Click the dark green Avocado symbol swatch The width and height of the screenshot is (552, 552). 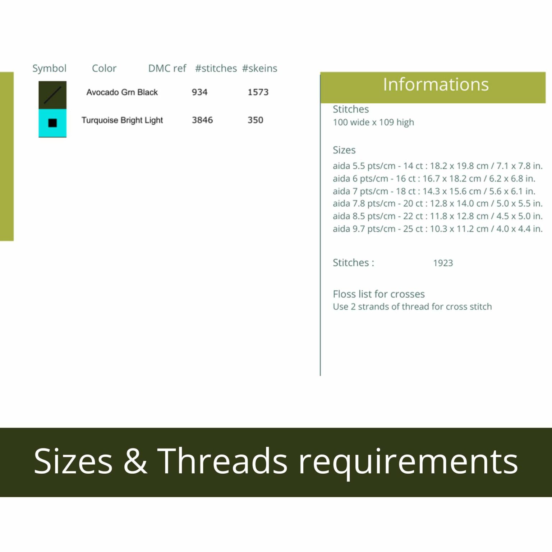pos(52,95)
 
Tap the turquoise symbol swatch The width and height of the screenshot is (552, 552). pos(52,123)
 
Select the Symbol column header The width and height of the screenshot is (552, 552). pos(50,68)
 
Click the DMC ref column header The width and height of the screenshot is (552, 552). pos(167,68)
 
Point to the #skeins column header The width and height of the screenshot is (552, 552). pos(259,68)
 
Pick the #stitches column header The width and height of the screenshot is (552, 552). pos(216,68)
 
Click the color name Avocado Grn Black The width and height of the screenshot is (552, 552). pos(122,92)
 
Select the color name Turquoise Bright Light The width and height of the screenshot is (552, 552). pos(122,120)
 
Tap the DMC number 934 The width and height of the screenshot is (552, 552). pos(199,92)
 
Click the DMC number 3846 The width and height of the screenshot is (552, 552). pos(202,120)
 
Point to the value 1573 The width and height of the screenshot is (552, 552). pos(258,92)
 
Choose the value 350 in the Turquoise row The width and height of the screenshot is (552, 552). pos(256,120)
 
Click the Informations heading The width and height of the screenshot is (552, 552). pos(436,84)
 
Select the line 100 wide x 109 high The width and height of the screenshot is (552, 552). pos(373,123)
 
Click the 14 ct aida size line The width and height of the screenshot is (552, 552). pos(438,166)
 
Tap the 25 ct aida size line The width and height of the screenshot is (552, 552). pos(438,229)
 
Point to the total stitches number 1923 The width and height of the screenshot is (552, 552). pos(443,263)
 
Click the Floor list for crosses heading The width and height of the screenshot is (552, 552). pos(379,294)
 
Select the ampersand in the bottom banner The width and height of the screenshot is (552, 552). pos(135,461)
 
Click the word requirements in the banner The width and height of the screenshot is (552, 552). pos(408,464)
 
